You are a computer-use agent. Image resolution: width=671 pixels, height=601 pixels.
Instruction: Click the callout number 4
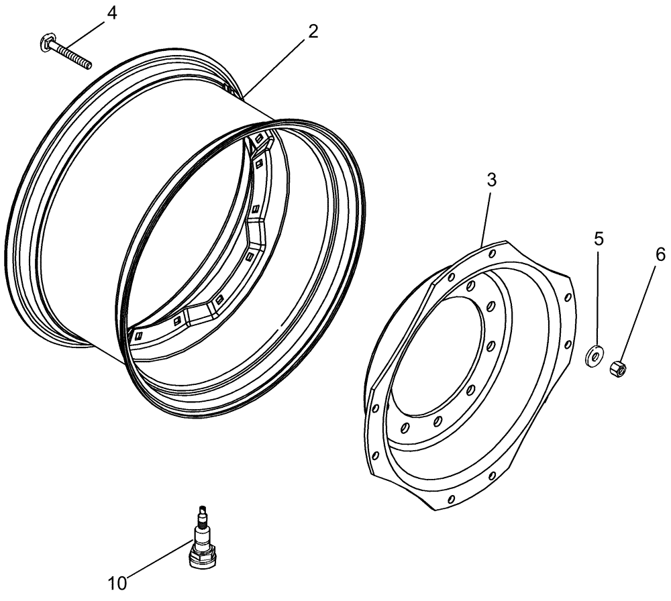tap(112, 13)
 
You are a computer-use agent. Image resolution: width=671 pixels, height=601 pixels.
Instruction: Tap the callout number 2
tap(313, 32)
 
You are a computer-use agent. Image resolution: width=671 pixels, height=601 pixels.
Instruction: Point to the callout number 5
tap(599, 238)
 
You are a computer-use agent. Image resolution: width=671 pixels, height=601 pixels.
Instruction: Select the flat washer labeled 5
tap(595, 356)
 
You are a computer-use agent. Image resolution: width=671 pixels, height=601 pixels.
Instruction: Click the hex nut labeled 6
tap(617, 368)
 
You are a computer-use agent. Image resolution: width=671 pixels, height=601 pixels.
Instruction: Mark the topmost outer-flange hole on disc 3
tap(493, 254)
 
